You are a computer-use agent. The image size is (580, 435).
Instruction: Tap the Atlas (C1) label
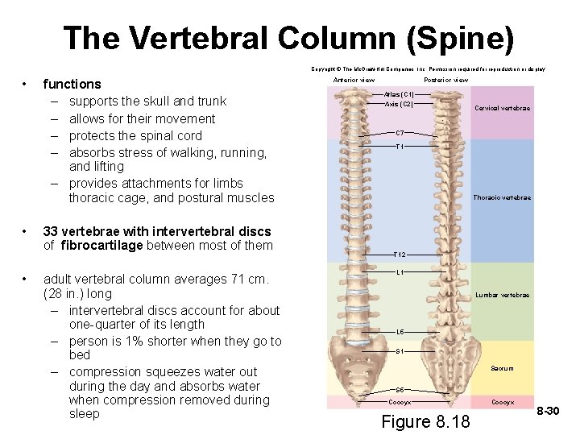(x=400, y=94)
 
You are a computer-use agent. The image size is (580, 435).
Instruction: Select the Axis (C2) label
(x=400, y=104)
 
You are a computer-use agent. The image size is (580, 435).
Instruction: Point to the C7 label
(x=400, y=132)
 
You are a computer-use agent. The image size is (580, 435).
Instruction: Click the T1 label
(x=400, y=147)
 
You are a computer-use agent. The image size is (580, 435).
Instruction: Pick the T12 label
(x=400, y=255)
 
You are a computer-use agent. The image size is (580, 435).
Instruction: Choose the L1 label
(x=400, y=272)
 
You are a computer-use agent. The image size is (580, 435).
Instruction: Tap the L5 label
(x=400, y=332)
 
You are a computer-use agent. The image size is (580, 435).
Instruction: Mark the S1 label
(x=400, y=351)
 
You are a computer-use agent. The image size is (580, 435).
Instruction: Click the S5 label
(x=400, y=390)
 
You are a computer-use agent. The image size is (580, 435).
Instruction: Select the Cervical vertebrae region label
(x=503, y=108)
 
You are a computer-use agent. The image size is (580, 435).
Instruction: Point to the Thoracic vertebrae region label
(x=502, y=197)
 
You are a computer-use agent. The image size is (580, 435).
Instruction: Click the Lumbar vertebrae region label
(x=503, y=295)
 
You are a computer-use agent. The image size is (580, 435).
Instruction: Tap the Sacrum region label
(x=502, y=368)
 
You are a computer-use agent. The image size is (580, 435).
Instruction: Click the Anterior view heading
(x=354, y=80)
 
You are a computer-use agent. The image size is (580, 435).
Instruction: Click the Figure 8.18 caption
(x=425, y=422)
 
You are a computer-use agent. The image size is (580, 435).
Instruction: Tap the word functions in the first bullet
(x=72, y=84)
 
